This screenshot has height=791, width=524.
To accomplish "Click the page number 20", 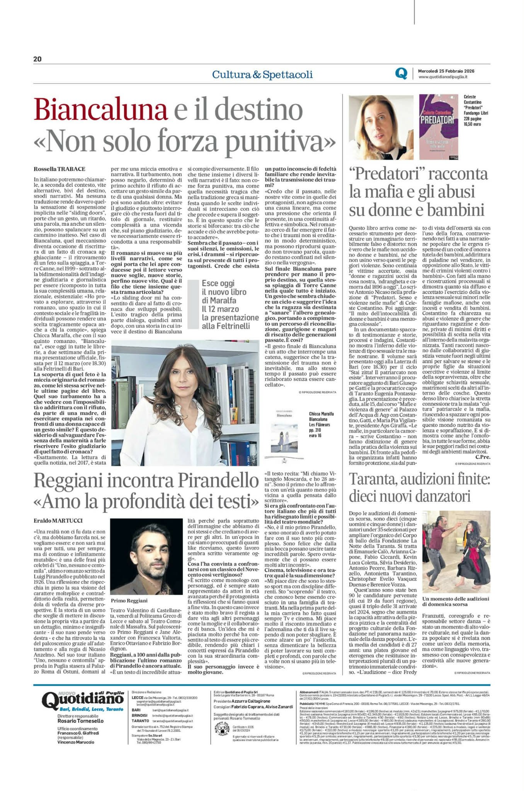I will pyautogui.click(x=37, y=59).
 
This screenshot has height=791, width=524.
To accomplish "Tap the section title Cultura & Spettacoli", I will pyautogui.click(x=262, y=75).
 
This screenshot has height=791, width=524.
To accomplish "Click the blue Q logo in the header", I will pyautogui.click(x=401, y=73).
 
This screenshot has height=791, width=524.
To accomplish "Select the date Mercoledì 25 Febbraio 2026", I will pyautogui.click(x=446, y=71).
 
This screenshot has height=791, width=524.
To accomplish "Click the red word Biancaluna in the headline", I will pyautogui.click(x=100, y=110).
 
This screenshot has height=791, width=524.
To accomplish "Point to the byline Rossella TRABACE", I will pyautogui.click(x=60, y=169).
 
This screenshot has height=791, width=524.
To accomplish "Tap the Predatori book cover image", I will pyautogui.click(x=439, y=127).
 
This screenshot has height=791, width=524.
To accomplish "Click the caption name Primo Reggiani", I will pyautogui.click(x=129, y=600).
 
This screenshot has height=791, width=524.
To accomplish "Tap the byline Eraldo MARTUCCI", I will pyautogui.click(x=58, y=521).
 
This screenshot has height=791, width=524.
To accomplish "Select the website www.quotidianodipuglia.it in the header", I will pyautogui.click(x=443, y=77).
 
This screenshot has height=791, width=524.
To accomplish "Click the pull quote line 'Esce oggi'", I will pyautogui.click(x=218, y=283).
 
